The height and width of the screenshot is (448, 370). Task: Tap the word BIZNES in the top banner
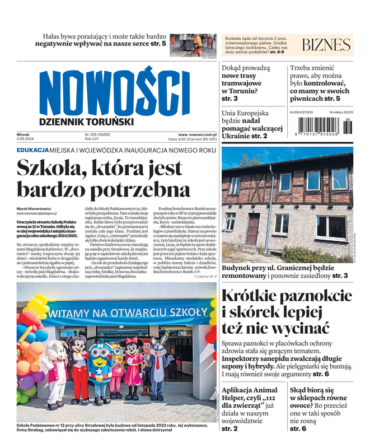[x=326, y=45]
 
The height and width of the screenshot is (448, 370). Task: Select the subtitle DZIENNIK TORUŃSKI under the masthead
[x=86, y=122]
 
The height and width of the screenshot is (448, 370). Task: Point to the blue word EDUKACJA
[x=32, y=151]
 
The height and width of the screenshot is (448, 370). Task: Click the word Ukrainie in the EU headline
[x=243, y=136]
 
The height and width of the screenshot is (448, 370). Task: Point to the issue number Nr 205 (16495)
[x=97, y=134]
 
